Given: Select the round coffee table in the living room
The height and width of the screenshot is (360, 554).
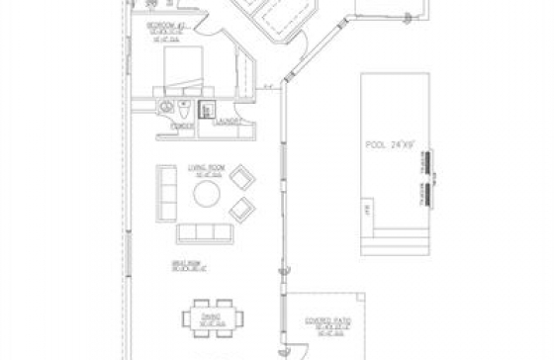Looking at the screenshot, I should [208, 193].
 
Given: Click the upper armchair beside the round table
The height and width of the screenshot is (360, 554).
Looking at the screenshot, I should [241, 179].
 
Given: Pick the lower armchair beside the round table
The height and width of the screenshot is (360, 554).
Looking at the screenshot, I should [241, 209].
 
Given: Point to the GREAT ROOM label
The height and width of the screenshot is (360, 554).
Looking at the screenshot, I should [185, 266].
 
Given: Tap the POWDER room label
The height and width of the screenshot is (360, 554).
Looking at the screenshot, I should [180, 127].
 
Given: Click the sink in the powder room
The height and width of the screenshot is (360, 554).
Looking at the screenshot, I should [166, 105].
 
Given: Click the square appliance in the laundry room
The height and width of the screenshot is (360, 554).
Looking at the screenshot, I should [208, 110].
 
